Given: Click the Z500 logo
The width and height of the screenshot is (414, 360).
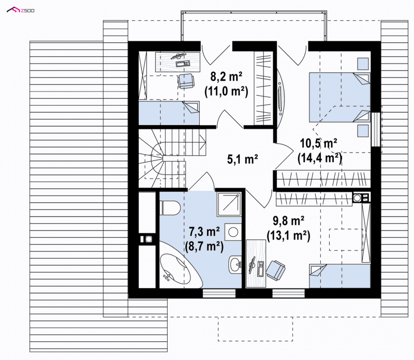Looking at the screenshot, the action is click(x=20, y=10).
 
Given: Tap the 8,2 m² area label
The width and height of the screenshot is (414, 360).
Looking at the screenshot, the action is click(x=226, y=77).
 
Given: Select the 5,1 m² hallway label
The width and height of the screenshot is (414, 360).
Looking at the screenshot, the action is click(x=242, y=159).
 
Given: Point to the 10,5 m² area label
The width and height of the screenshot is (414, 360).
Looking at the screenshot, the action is click(x=318, y=144).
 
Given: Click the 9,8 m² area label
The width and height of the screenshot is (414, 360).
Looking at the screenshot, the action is click(x=289, y=221).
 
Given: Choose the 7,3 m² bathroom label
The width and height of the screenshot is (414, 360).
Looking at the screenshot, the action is click(x=204, y=232).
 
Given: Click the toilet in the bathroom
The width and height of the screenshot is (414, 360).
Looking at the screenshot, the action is click(x=170, y=208).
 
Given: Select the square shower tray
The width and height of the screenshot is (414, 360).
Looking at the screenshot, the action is click(x=229, y=204).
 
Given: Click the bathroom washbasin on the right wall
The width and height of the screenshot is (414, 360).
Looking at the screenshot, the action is click(x=235, y=264).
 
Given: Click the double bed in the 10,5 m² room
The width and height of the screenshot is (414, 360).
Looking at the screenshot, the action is click(x=339, y=97).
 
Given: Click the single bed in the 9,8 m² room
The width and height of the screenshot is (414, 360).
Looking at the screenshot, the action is click(x=340, y=276).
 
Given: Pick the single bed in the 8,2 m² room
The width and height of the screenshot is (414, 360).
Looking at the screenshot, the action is click(x=169, y=113).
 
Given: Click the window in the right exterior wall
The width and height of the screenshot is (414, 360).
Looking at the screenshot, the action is click(x=376, y=129).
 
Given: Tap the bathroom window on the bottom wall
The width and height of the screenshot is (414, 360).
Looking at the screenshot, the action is click(x=219, y=293).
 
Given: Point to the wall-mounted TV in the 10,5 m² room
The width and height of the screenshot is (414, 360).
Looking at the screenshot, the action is click(x=280, y=95).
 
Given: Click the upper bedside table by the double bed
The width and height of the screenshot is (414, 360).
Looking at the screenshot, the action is click(x=363, y=64).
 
